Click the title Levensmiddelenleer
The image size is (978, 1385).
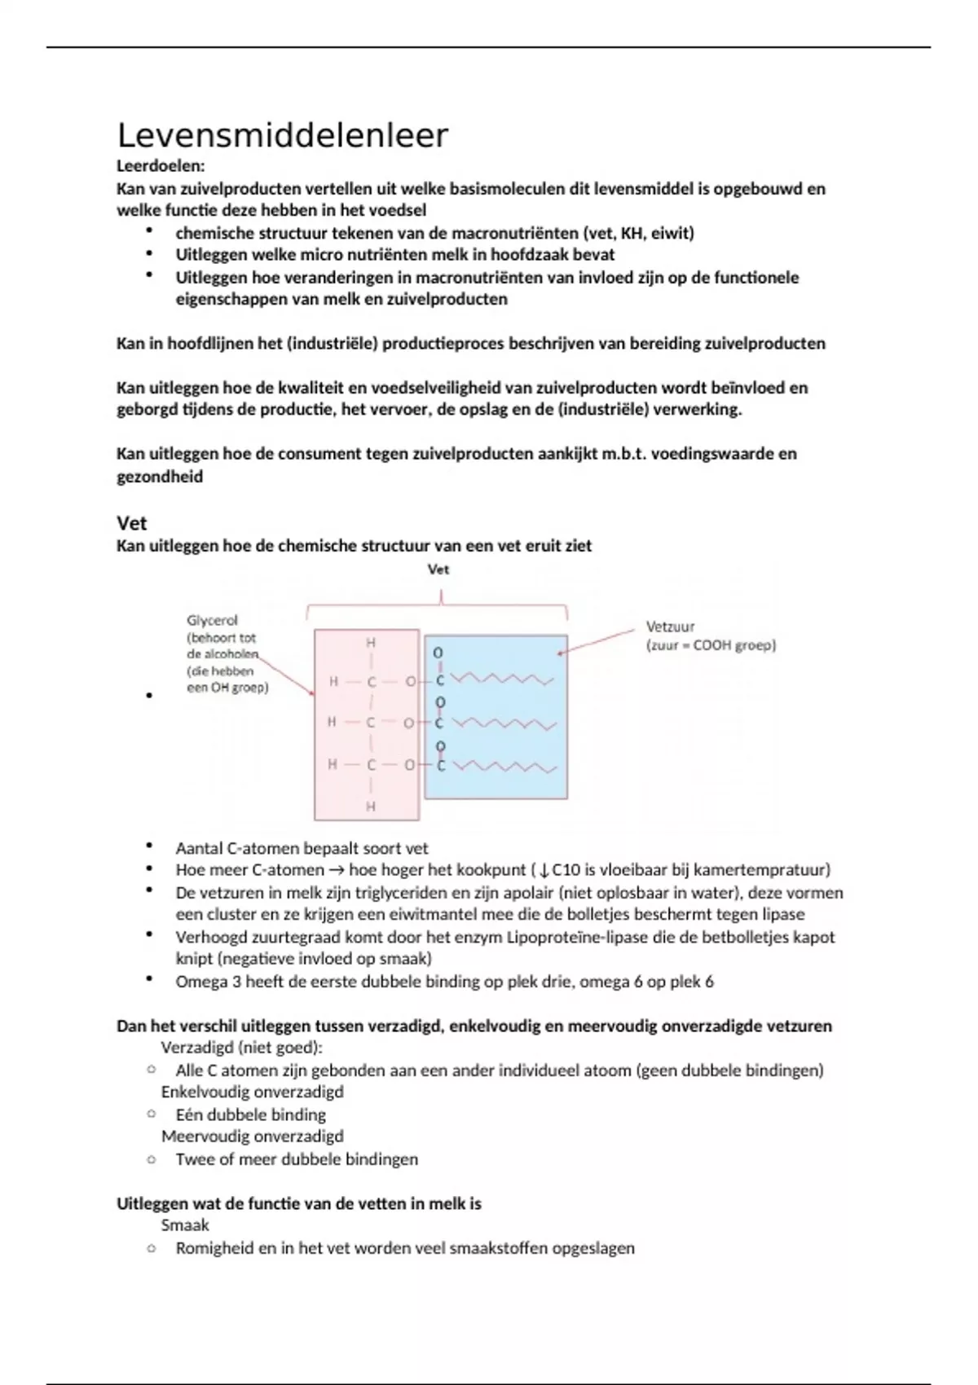pos(282,136)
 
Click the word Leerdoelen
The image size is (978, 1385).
pos(161,166)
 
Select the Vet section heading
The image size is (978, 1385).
pos(131,523)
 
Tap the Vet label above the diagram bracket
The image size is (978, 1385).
pos(438,569)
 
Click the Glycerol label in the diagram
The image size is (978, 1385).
pos(212,620)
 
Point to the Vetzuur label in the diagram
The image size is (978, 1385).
pos(670,627)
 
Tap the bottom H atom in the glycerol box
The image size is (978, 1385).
pos(371,807)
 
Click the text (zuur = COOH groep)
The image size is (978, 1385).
pos(711,645)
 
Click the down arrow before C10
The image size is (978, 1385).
pos(544,870)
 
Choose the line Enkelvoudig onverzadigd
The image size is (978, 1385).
pos(252,1092)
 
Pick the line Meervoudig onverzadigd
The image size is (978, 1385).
pos(252,1137)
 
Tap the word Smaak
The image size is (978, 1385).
pos(185,1225)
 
